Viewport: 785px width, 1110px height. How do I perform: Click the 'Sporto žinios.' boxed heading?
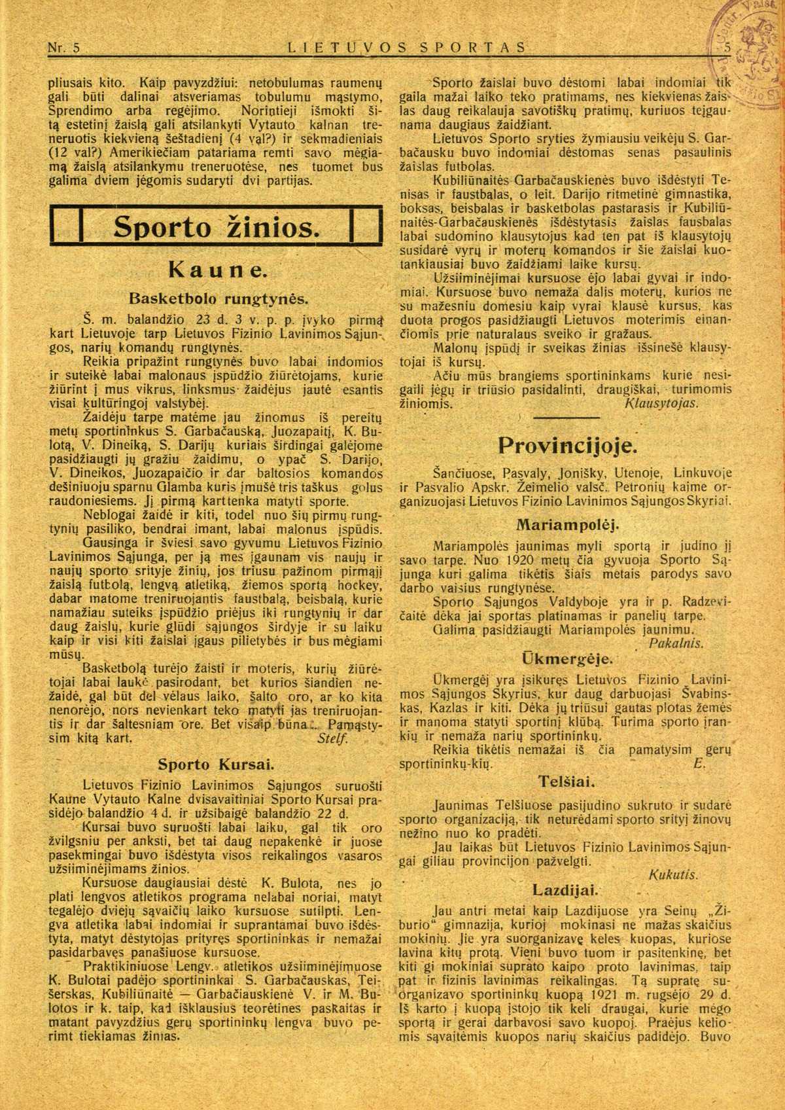(216, 226)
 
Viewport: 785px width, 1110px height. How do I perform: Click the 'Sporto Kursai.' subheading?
(215, 764)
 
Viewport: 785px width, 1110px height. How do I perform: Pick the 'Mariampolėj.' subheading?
(567, 525)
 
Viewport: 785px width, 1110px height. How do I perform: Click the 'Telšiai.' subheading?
(567, 781)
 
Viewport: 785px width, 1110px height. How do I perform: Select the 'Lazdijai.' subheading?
(567, 890)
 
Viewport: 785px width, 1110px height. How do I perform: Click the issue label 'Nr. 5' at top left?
(64, 48)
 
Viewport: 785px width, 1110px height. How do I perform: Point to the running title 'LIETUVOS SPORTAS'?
(407, 48)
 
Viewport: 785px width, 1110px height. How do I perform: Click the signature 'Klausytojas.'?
(662, 403)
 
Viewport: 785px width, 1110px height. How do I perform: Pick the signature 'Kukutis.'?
(673, 874)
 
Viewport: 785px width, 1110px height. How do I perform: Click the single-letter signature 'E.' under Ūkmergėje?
(698, 763)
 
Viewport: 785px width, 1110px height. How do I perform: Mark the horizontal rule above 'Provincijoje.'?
(567, 418)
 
